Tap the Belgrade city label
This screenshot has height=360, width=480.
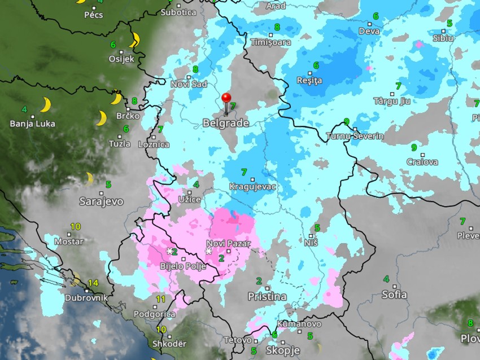tap(226, 123)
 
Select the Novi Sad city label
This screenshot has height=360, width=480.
tap(189, 84)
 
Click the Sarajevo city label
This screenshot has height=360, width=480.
tap(102, 200)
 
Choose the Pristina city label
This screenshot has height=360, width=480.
tap(267, 296)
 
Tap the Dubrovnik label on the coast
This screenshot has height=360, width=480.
tap(86, 298)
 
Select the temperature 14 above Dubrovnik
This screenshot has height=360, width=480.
tap(93, 283)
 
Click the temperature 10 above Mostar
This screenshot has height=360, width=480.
tap(75, 227)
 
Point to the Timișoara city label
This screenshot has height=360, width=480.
tap(271, 42)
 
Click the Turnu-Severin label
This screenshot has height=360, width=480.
tap(355, 136)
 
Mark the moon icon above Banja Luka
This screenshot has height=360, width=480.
tap(45, 104)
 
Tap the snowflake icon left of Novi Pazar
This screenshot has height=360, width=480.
tap(208, 251)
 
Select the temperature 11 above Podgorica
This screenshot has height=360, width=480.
tap(161, 299)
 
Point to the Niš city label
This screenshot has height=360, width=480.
tap(311, 242)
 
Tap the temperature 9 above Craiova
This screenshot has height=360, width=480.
tap(414, 147)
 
